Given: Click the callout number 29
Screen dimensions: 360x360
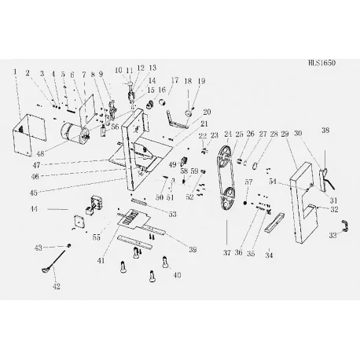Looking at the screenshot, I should point(285,134).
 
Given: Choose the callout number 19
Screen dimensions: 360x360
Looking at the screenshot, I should point(200,81).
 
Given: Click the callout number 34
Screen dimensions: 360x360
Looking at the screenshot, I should point(269,255).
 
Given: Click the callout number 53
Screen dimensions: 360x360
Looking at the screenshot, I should point(172,214).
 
